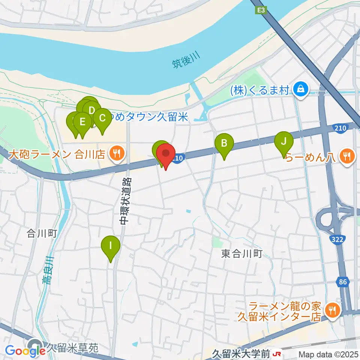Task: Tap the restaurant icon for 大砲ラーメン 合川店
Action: [117, 154]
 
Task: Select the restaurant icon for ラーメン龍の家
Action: [332, 310]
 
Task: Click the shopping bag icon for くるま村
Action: [301, 89]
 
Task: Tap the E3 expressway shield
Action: [261, 10]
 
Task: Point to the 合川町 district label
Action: [41, 234]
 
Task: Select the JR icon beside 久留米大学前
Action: [277, 353]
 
